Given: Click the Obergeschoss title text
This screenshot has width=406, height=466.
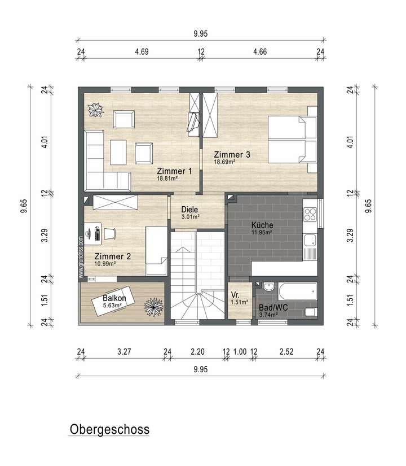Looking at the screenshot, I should (x=109, y=429).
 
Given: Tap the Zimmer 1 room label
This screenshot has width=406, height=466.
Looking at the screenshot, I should (x=174, y=171).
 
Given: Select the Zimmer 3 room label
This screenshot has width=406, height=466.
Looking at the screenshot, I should (x=231, y=154).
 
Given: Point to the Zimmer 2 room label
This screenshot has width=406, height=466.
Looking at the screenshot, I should (x=113, y=256).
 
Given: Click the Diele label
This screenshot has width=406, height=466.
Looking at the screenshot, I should (x=189, y=209).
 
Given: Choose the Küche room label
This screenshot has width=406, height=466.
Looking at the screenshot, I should (x=262, y=225).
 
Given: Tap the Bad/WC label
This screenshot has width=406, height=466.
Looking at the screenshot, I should (x=273, y=308).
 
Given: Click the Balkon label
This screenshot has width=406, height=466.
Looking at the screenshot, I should (x=114, y=298).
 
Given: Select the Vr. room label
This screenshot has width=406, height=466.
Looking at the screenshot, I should (x=236, y=294).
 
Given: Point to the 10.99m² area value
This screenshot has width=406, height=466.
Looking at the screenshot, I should (x=105, y=263).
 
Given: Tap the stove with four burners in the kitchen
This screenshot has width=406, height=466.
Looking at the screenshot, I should (x=311, y=214).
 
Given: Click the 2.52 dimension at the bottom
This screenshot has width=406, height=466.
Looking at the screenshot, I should (x=288, y=351).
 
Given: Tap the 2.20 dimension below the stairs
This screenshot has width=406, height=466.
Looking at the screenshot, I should (x=197, y=351).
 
